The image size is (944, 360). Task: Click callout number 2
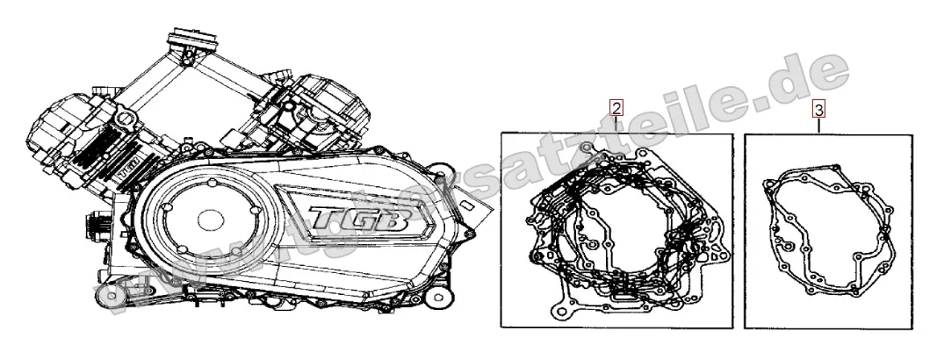point(616,109)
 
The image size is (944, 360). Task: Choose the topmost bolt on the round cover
point(213,182)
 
